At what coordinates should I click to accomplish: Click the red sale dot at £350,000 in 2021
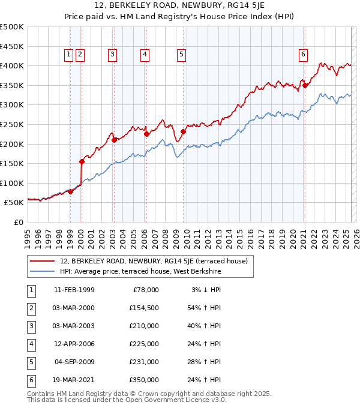pyautogui.click(x=305, y=85)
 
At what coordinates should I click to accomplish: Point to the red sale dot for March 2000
pyautogui.click(x=82, y=161)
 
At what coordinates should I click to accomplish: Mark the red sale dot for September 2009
pyautogui.click(x=182, y=131)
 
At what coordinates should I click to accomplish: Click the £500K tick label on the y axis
pyautogui.click(x=12, y=27)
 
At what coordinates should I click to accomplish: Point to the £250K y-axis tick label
pyautogui.click(x=12, y=124)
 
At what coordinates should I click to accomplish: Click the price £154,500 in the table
pyautogui.click(x=145, y=308)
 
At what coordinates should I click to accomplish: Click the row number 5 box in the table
pyautogui.click(x=30, y=362)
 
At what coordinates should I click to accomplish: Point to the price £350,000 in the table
pyautogui.click(x=145, y=380)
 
